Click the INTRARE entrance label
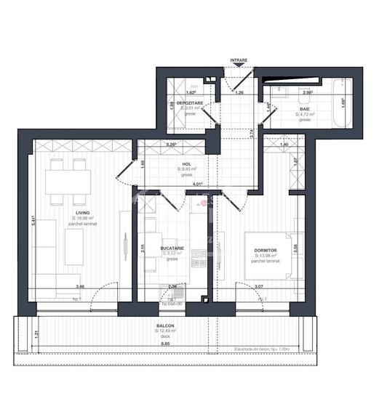[x=238, y=60]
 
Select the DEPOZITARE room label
[x=191, y=103]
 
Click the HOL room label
[x=187, y=166]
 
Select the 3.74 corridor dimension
[x=250, y=132]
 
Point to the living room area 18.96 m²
[x=85, y=218]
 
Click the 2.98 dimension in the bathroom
[x=307, y=93]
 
